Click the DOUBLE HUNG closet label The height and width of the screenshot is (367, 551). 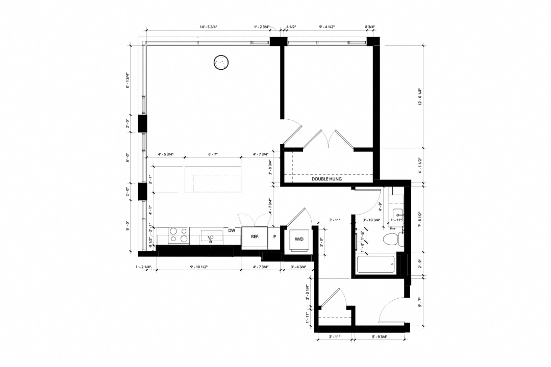click(x=327, y=179)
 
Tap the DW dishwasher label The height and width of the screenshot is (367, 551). click(x=232, y=230)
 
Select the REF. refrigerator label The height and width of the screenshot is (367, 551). click(x=255, y=237)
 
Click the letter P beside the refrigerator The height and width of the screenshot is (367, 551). click(x=274, y=237)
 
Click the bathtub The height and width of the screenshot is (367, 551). click(x=375, y=264)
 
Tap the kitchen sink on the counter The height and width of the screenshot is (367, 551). click(x=211, y=236)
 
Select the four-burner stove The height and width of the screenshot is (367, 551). click(x=179, y=235)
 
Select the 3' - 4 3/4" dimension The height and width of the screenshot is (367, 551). click(x=298, y=267)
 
